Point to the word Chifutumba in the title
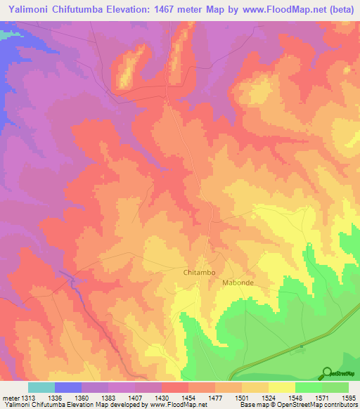82,9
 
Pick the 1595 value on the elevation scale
348,398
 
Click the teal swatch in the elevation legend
41,387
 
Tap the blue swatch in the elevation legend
68,387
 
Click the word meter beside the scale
11,398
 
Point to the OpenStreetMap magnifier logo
327,373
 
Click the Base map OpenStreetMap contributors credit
297,405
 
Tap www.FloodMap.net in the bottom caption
179,405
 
